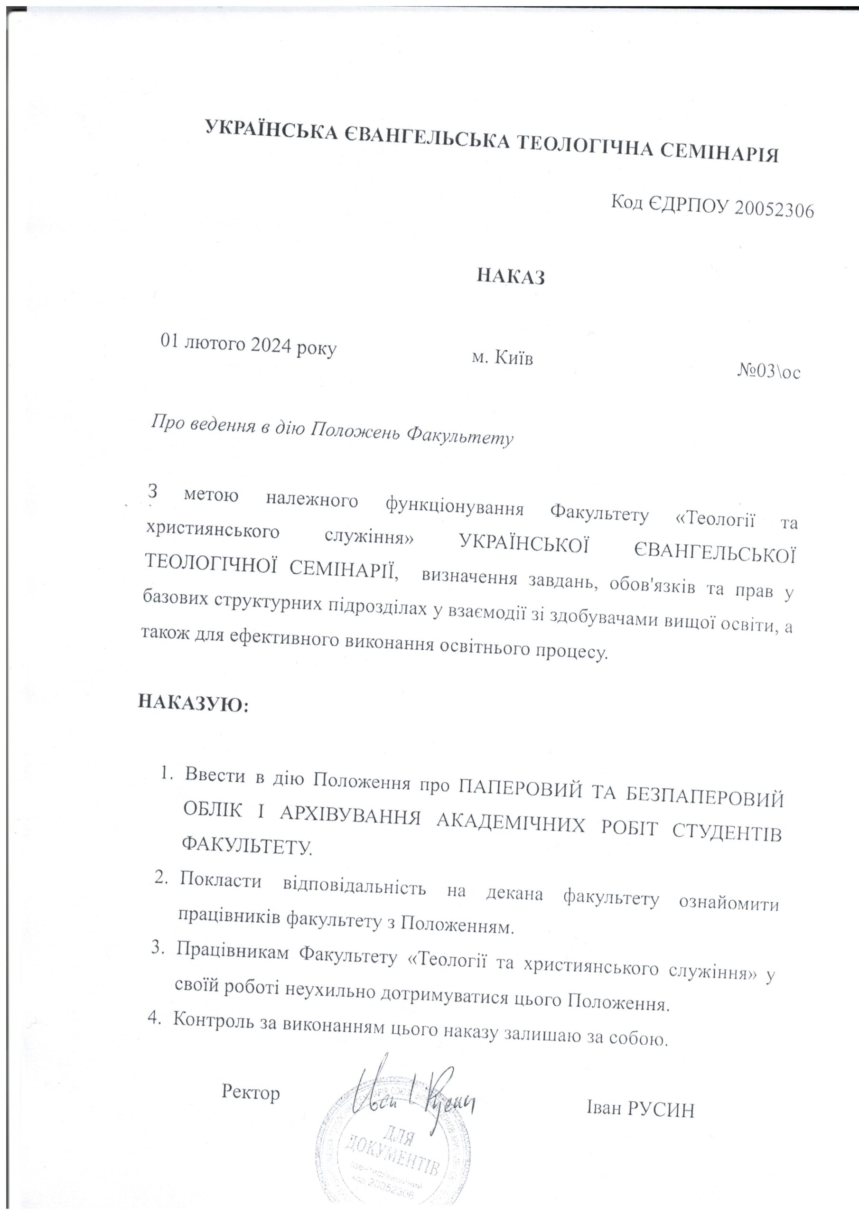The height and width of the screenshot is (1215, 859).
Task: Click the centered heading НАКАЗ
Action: click(511, 276)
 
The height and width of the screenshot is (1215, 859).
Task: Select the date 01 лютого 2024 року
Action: click(249, 346)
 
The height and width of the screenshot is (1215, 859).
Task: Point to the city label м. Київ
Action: click(502, 358)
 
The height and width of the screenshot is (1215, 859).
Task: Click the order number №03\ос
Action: click(768, 372)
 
